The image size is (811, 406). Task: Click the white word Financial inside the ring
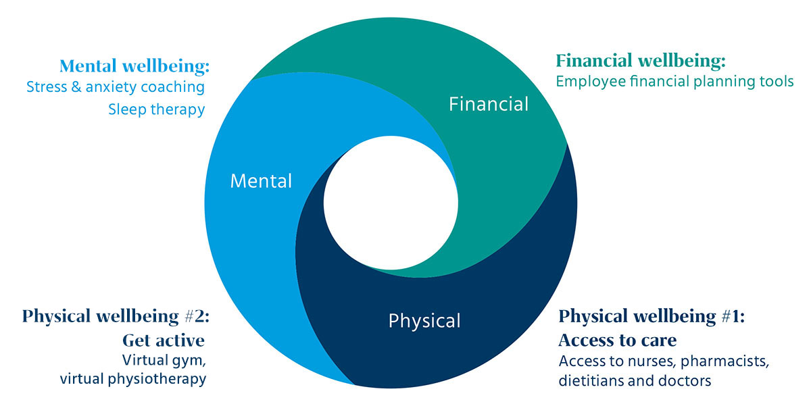(x=489, y=104)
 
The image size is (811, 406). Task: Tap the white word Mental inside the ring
(x=261, y=181)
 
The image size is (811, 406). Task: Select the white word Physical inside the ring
(x=424, y=320)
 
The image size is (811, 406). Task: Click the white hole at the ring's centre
(x=390, y=203)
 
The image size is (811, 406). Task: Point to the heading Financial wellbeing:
(x=641, y=61)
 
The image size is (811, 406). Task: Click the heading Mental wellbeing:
(x=134, y=66)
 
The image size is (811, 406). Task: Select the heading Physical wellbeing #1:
(x=652, y=316)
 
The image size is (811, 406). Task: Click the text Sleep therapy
(x=156, y=109)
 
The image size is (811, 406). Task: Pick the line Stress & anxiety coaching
(x=115, y=87)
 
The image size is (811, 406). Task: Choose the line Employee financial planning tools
(x=674, y=82)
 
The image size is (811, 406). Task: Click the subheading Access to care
(x=618, y=338)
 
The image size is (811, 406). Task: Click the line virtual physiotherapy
(x=132, y=379)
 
